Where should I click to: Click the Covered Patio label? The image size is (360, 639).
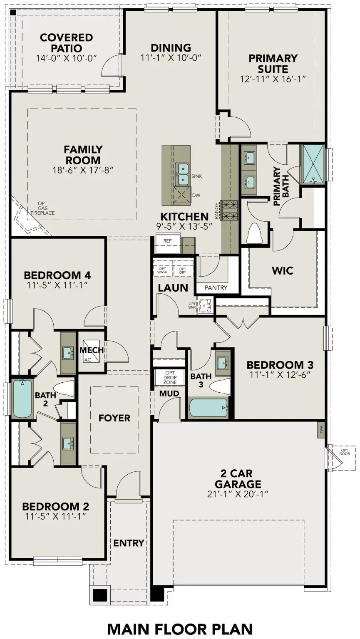pos(66,43)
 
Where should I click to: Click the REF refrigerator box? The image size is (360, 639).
pos(168,241)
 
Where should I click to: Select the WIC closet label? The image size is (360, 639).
pos(283,270)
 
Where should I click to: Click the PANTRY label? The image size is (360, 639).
pos(216,287)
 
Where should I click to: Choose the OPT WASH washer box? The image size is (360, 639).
pos(162,269)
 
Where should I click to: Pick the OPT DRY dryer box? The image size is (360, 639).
pos(183,269)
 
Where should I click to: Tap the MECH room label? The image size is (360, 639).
pos(92,350)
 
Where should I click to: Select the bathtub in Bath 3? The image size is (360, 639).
pos(209,408)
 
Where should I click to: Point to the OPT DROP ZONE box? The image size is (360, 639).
pos(170,377)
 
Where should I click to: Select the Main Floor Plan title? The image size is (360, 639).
pos(180,629)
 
